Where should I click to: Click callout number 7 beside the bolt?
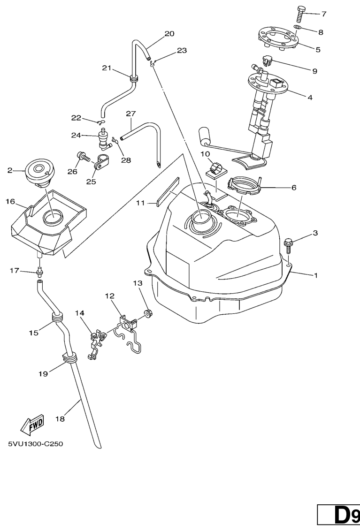pyautogui.click(x=323, y=14)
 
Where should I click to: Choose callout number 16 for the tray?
pyautogui.click(x=10, y=202)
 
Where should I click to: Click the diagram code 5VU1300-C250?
pyautogui.click(x=35, y=444)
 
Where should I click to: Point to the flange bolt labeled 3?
pyautogui.click(x=289, y=243)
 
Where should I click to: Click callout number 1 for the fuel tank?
pyautogui.click(x=315, y=275)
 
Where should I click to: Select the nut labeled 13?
pyautogui.click(x=146, y=312)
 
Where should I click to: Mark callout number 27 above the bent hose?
pyautogui.click(x=130, y=114)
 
